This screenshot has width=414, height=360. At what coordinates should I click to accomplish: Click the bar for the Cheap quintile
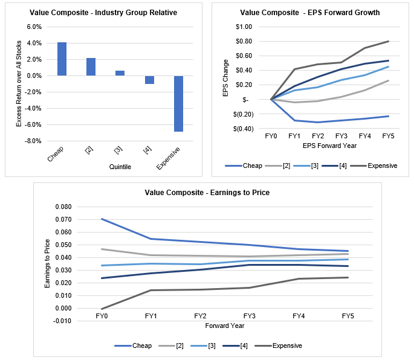(62, 59)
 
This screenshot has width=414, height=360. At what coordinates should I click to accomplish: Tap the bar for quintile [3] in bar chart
(120, 73)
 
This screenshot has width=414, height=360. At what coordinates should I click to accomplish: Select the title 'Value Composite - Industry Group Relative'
(105, 13)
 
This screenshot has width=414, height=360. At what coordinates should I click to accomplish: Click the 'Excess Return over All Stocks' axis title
(19, 84)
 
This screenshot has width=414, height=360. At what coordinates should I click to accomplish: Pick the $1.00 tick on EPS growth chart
(244, 27)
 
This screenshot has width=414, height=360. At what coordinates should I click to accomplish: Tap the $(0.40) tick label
(242, 129)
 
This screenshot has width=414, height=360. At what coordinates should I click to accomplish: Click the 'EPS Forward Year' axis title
(329, 146)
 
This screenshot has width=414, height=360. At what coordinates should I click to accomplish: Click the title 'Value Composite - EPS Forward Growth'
(311, 12)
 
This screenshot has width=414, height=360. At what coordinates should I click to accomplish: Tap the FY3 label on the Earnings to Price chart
(249, 316)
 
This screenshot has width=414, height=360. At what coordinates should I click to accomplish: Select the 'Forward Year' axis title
(224, 326)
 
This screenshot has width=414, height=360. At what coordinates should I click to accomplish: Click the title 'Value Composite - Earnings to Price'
(207, 193)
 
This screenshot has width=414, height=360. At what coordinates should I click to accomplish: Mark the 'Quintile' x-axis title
(120, 166)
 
